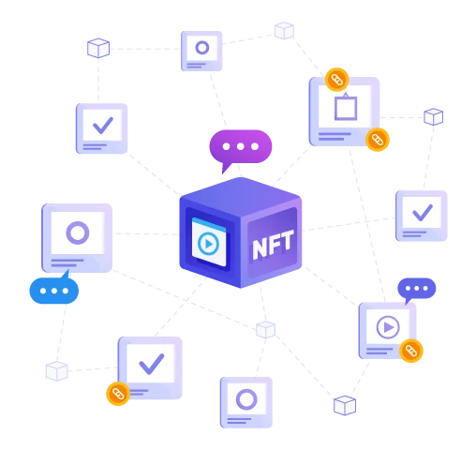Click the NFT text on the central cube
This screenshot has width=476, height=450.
[273, 245]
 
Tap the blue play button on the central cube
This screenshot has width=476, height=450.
[208, 244]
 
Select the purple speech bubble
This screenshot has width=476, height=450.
[241, 151]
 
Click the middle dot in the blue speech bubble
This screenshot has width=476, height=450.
[54, 291]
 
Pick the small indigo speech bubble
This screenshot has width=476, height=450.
[416, 290]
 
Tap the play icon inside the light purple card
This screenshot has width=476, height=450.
[388, 327]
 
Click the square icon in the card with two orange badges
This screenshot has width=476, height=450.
[346, 107]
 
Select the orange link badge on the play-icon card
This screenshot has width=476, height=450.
[411, 351]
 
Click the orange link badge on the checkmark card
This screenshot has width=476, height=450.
[118, 394]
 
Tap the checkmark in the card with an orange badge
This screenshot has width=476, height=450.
[151, 364]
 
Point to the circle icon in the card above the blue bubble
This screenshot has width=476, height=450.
[78, 232]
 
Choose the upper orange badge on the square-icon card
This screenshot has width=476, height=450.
[336, 80]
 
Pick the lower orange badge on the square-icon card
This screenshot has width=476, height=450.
[378, 140]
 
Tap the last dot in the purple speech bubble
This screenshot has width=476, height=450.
[255, 146]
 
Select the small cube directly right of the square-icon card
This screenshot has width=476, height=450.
[434, 116]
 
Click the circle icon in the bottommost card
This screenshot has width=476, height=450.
[246, 399]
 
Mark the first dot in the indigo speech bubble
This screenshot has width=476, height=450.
[408, 289]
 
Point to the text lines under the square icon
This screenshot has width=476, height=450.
[335, 136]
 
